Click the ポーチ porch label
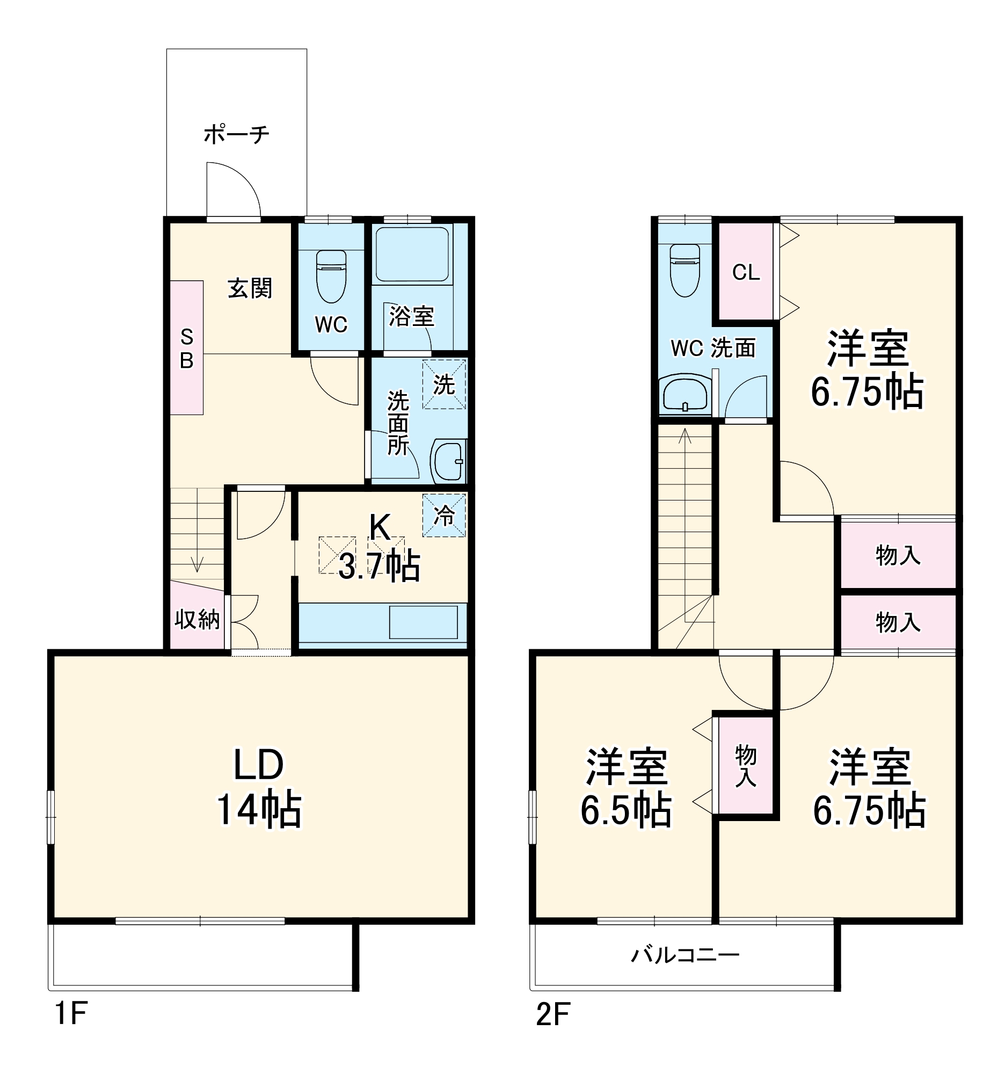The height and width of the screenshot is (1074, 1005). point(237,134)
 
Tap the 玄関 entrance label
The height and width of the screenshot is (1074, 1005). point(250,288)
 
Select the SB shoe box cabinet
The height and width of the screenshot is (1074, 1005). point(187,347)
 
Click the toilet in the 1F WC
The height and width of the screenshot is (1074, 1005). point(331,276)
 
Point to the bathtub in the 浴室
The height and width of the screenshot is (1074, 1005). point(412,254)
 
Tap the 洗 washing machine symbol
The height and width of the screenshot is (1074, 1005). point(444,384)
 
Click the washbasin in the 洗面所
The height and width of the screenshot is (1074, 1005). point(448,460)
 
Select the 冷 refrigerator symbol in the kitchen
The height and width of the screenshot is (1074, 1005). point(444,516)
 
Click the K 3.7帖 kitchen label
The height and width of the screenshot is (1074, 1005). point(379,547)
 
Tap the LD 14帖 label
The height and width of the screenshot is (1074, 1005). point(259,787)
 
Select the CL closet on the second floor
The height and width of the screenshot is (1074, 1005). point(746,272)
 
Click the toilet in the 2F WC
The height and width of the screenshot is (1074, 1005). point(684,270)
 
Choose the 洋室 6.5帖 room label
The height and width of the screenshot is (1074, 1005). point(627,787)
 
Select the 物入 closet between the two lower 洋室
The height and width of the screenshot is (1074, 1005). point(746,765)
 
